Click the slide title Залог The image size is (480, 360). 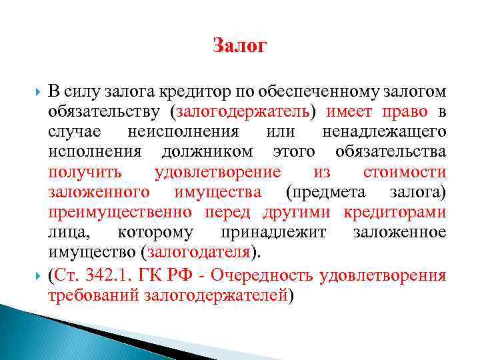point(240,46)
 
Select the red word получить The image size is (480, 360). point(85,172)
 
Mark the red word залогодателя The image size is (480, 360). point(200,253)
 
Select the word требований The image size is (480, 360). point(93,295)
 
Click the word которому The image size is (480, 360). point(156,233)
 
